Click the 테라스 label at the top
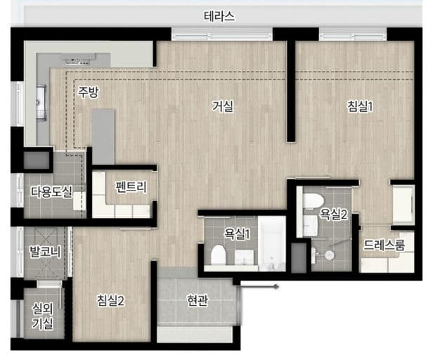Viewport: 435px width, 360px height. tap(219, 17)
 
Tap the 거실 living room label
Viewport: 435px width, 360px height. tap(223, 106)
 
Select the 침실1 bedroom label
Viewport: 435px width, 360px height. tap(360, 106)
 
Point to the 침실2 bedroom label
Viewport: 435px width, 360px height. tap(110, 300)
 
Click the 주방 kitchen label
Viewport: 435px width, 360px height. tap(88, 92)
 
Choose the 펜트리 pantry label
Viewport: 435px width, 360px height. tap(131, 187)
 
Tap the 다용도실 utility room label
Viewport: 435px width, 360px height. tap(51, 191)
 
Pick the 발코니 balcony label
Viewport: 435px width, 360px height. tap(45, 251)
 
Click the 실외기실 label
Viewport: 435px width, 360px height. tap(42, 316)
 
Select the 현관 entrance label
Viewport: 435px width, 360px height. tap(197, 300)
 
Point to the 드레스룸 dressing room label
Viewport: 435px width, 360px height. tap(384, 245)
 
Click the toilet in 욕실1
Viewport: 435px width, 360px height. tap(218, 255)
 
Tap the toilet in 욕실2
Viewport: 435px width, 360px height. tap(313, 200)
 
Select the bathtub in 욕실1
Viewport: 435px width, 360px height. tap(271, 244)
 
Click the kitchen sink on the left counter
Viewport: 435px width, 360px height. tap(41, 103)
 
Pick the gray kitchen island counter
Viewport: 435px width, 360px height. tap(103, 136)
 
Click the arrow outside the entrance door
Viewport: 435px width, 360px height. tap(259, 287)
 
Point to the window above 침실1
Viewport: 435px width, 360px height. tap(352, 34)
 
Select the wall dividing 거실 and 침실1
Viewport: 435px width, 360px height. tap(291, 91)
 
